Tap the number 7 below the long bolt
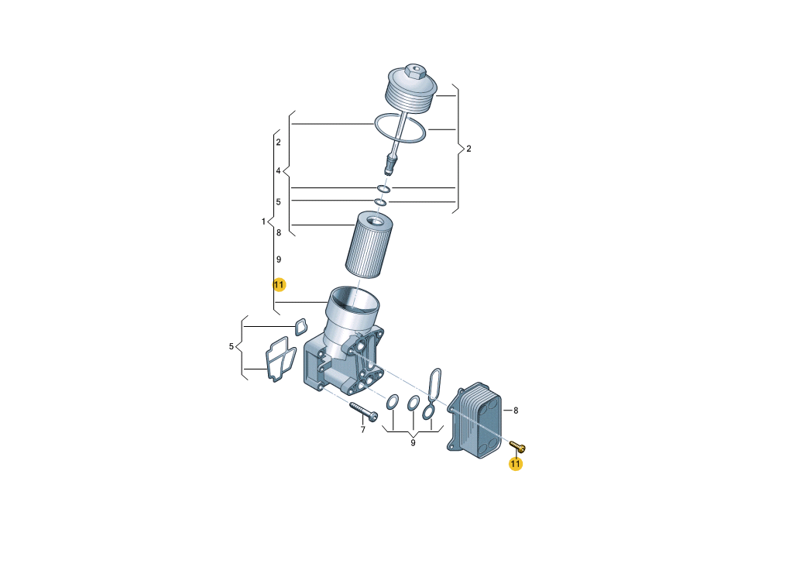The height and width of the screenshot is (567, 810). [x=362, y=430]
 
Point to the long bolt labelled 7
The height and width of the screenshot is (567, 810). [x=364, y=411]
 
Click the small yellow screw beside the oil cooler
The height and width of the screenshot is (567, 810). [x=517, y=446]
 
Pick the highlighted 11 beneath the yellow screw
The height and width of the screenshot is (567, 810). [x=516, y=464]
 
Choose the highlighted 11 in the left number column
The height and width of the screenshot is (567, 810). [x=279, y=285]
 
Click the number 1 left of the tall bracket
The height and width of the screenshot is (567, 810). [x=263, y=222]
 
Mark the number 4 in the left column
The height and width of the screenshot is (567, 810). [x=278, y=170]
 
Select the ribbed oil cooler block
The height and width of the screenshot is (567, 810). [x=475, y=420]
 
